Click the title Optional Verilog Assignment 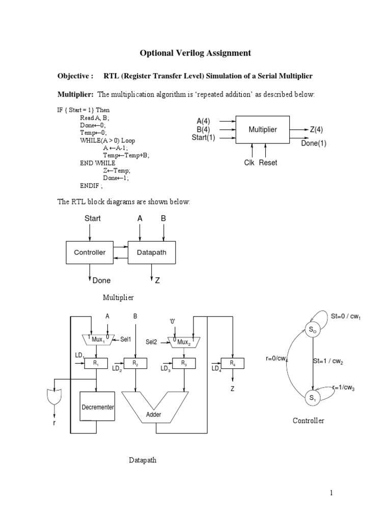coord(195,53)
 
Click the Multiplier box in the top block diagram coord(263,130)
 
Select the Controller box coord(90,252)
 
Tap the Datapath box coord(153,252)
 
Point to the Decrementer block coord(97,408)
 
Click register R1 coord(97,363)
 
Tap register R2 coord(135,363)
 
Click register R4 coord(233,363)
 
